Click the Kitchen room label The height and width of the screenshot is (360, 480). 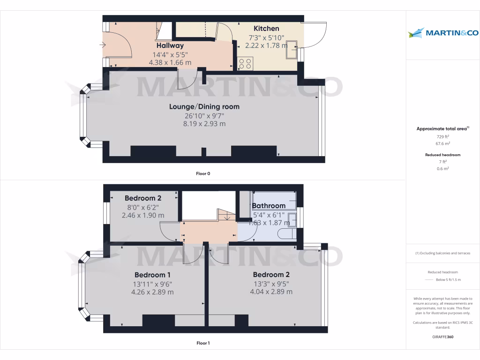pyautogui.click(x=266, y=29)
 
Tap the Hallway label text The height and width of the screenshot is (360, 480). pyautogui.click(x=170, y=45)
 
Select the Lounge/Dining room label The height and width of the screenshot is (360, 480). pyautogui.click(x=204, y=106)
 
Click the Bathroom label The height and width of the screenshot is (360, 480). pyautogui.click(x=269, y=206)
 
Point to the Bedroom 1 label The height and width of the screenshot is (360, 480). pyautogui.click(x=152, y=275)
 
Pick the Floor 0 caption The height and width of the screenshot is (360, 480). pyautogui.click(x=203, y=173)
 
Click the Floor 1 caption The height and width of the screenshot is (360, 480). pyautogui.click(x=203, y=343)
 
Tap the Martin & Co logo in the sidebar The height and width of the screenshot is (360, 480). pyautogui.click(x=443, y=33)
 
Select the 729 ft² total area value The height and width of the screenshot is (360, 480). pyautogui.click(x=442, y=136)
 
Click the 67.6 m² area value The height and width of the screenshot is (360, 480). pyautogui.click(x=442, y=144)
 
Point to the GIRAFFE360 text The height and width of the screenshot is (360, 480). pyautogui.click(x=442, y=337)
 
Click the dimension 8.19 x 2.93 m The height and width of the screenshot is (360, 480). pyautogui.click(x=204, y=124)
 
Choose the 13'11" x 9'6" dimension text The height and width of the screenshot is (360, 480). pyautogui.click(x=152, y=284)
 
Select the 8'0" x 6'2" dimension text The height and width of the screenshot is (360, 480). pyautogui.click(x=143, y=207)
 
